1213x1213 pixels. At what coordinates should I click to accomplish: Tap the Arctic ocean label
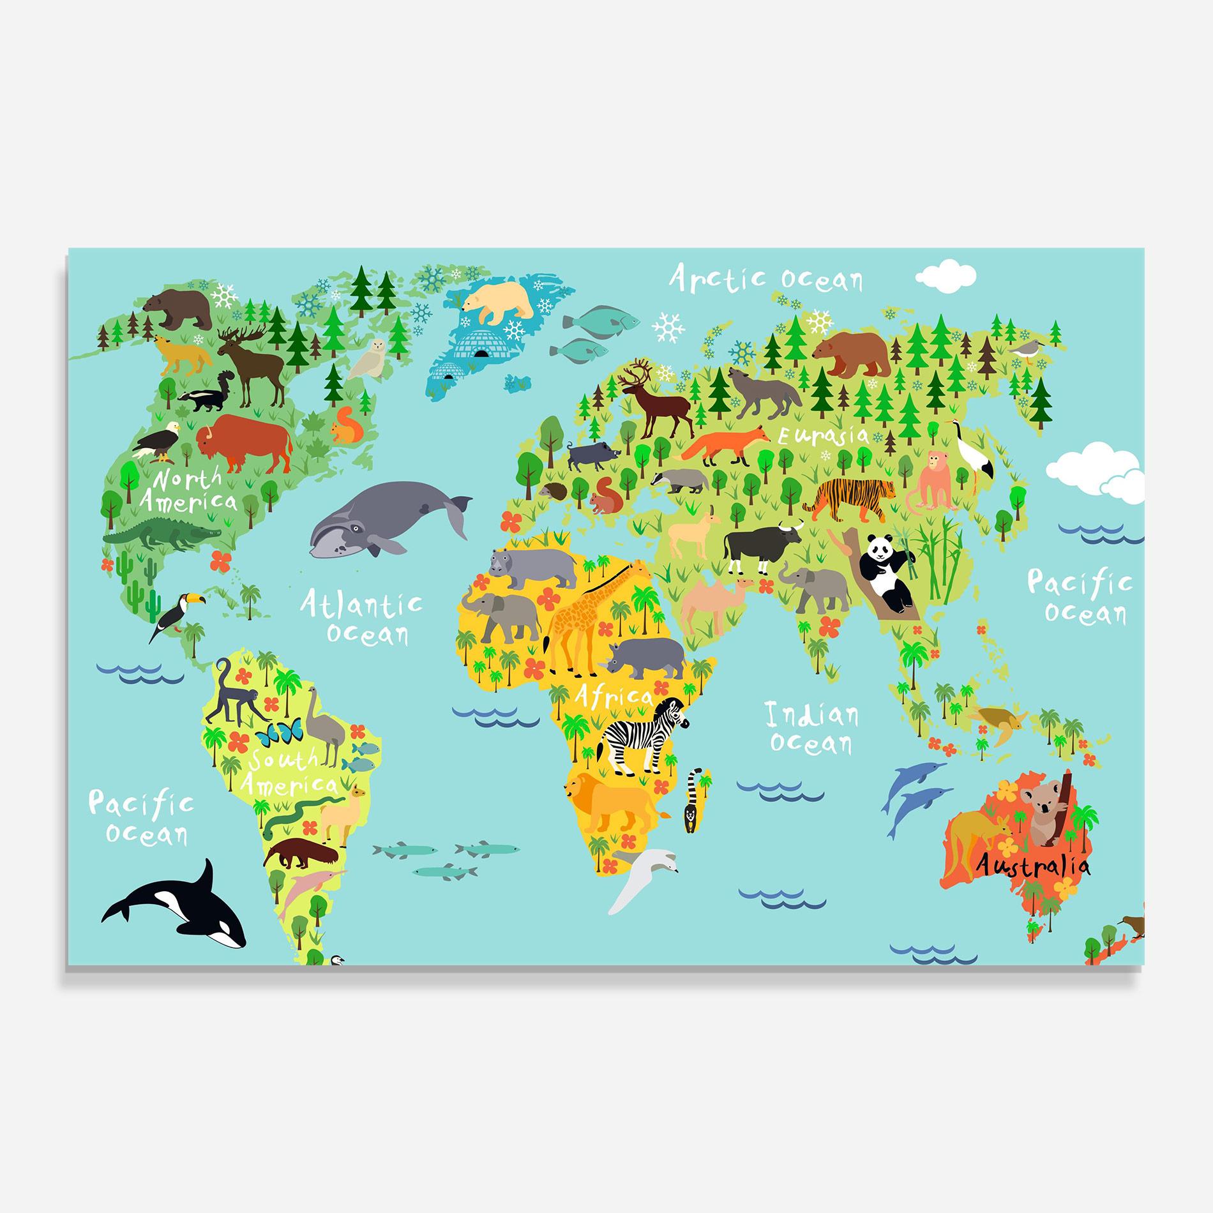pyautogui.click(x=765, y=279)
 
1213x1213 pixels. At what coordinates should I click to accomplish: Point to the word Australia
pyautogui.click(x=1032, y=867)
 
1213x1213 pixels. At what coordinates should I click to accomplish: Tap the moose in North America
pyautogui.click(x=253, y=364)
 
